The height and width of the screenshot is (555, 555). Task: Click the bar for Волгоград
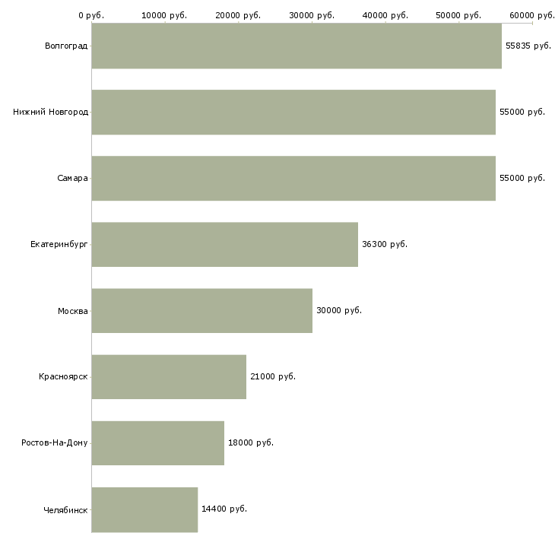click(297, 46)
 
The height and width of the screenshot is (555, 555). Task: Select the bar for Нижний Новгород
click(293, 113)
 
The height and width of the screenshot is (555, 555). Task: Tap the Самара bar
click(293, 179)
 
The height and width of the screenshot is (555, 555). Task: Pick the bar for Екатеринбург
click(225, 245)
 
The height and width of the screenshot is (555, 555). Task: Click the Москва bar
click(202, 311)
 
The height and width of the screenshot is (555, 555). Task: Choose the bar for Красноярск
click(169, 377)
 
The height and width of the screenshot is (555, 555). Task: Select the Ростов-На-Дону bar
click(158, 443)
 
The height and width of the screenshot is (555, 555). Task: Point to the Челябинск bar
click(144, 509)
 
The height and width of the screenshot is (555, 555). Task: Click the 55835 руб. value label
click(528, 46)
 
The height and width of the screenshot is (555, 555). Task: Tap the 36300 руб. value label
click(385, 244)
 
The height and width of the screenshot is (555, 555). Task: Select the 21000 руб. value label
click(273, 376)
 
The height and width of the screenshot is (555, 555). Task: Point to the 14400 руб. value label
click(224, 509)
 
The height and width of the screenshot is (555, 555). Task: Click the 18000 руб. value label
click(251, 442)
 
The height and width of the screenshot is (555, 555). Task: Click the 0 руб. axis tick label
click(91, 15)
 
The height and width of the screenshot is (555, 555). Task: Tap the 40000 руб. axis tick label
click(385, 15)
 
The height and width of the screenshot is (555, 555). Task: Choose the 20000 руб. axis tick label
click(238, 15)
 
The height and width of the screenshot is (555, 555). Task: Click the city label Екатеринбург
click(59, 245)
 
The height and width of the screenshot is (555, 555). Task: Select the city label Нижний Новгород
click(51, 112)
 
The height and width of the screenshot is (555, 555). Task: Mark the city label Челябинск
click(65, 510)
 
